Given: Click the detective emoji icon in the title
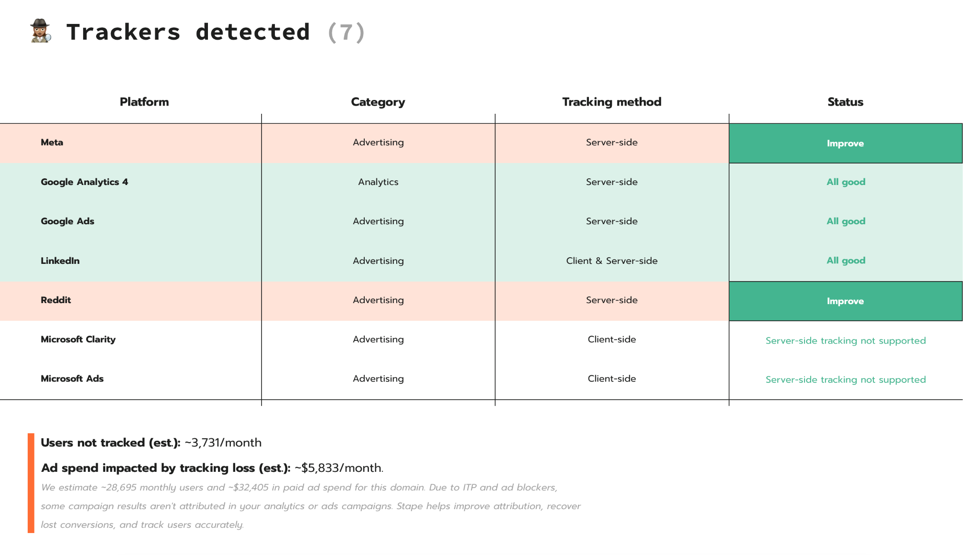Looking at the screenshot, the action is click(x=41, y=31).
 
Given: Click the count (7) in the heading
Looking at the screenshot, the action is click(x=347, y=33).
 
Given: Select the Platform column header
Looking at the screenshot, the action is click(x=144, y=102).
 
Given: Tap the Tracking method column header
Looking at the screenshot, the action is click(x=611, y=102).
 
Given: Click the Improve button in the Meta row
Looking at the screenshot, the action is click(x=845, y=143).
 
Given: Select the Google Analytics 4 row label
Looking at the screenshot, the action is click(x=84, y=182).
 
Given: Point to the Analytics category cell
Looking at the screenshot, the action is click(x=378, y=182).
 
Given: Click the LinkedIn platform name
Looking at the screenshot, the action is click(x=60, y=261).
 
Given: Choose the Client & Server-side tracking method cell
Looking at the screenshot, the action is click(x=612, y=261).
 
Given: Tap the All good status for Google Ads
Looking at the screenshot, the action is click(x=846, y=221).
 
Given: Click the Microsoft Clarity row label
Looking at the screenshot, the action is click(x=78, y=339).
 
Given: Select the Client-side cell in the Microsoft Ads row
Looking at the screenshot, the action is click(x=612, y=379).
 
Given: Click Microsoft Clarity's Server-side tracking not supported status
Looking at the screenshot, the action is click(x=846, y=340).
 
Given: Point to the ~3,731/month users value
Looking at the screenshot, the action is click(x=223, y=443).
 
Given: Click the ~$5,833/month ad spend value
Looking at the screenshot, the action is click(x=339, y=468).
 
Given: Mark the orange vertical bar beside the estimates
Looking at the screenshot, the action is click(x=31, y=483).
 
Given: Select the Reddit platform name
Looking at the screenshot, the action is click(x=56, y=300).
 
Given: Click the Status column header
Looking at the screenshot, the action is click(x=845, y=102).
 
